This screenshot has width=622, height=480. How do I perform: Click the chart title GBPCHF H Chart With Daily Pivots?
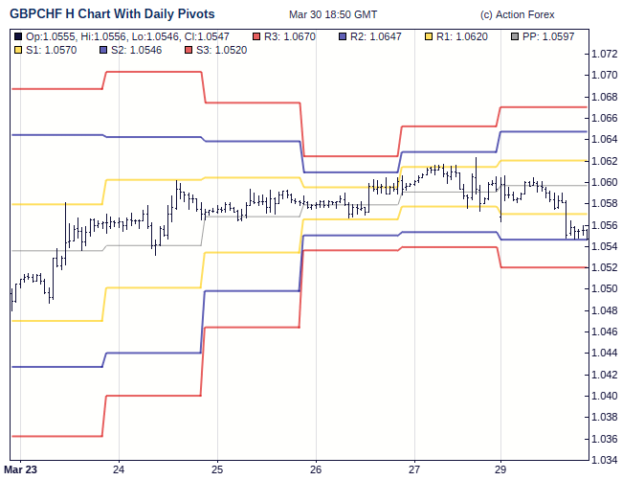[x=112, y=14]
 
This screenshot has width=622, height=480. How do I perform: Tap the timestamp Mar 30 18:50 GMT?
[x=333, y=14]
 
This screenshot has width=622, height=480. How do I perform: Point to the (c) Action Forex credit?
[x=518, y=14]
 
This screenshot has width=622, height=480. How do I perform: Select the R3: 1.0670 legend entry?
[x=288, y=35]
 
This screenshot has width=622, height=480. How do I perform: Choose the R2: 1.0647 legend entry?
[x=376, y=35]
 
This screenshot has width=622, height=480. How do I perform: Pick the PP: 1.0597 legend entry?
[x=548, y=35]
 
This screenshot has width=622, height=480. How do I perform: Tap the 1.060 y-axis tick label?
[x=605, y=183]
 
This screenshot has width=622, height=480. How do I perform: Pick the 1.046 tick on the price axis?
[x=605, y=332]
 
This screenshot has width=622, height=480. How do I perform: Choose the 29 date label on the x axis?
[x=500, y=469]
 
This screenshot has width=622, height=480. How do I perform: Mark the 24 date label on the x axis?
[x=119, y=469]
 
